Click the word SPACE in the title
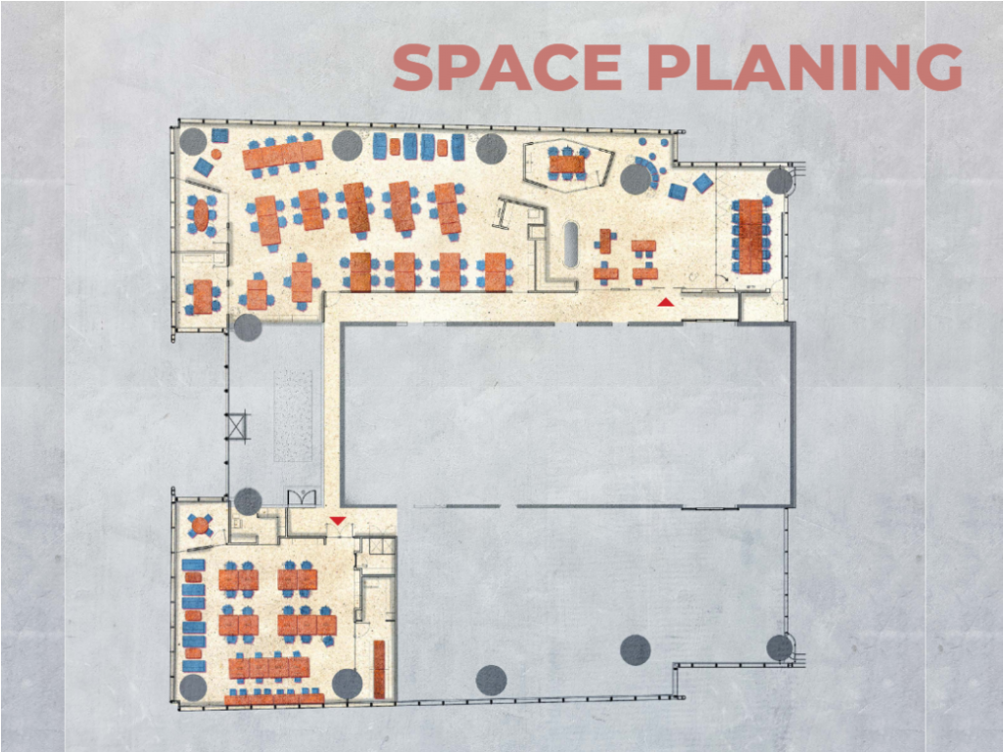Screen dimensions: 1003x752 [506, 68]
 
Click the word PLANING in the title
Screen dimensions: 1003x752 [805, 68]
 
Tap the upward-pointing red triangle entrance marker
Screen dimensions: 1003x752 [666, 302]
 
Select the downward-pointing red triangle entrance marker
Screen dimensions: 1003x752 [338, 521]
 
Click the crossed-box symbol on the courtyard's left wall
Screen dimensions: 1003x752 [237, 426]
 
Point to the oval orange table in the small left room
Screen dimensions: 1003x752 [201, 215]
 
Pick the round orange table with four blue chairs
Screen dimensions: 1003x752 [200, 526]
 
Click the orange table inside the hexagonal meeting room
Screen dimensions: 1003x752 [567, 164]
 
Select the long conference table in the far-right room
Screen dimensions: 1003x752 [751, 236]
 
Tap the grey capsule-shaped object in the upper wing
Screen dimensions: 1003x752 [571, 244]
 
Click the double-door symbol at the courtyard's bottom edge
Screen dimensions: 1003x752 [302, 497]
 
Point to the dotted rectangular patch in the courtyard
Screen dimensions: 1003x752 [293, 415]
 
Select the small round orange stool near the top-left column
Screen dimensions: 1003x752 [216, 154]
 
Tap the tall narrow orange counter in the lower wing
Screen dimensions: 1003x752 [379, 669]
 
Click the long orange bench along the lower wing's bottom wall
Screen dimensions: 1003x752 [274, 699]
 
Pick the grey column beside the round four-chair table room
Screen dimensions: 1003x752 [248, 501]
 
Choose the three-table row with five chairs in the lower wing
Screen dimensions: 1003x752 [307, 625]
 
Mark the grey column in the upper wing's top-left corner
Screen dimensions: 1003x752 [193, 141]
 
